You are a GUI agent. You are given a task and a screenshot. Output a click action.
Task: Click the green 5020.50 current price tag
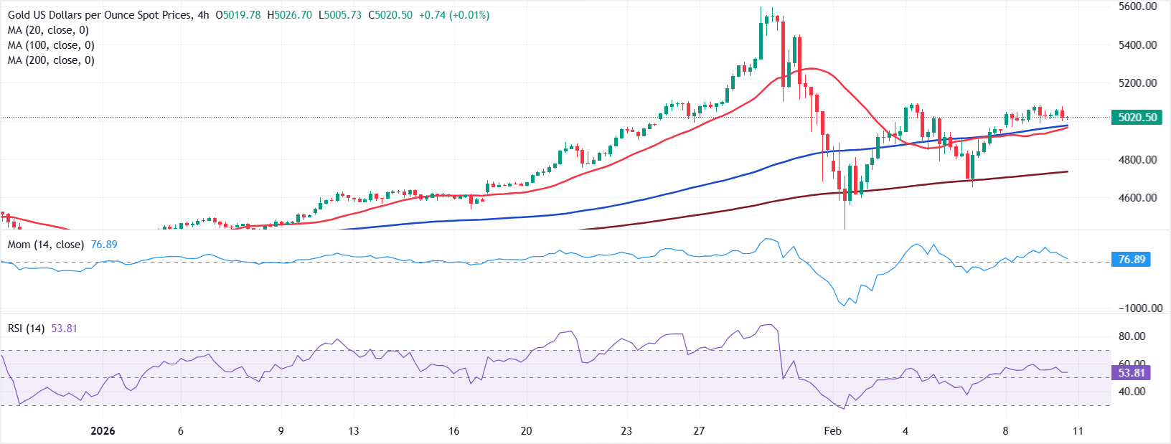click(x=1137, y=118)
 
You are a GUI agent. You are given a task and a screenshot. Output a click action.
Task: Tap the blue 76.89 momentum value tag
click(x=1132, y=260)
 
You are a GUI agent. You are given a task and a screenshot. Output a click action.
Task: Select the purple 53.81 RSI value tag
click(x=1132, y=373)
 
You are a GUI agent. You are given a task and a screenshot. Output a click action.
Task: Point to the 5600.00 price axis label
click(x=1137, y=6)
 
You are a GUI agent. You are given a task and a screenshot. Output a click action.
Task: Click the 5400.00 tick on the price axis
click(x=1137, y=44)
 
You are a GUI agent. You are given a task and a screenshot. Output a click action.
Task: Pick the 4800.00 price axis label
click(x=1137, y=159)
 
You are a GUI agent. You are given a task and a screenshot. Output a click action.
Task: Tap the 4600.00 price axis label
click(x=1137, y=197)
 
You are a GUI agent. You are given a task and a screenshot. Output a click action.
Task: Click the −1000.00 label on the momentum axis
click(x=1140, y=308)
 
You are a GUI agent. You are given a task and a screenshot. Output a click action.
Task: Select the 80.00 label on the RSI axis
click(x=1132, y=336)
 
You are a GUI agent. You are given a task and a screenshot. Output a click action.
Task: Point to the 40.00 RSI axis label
click(x=1132, y=392)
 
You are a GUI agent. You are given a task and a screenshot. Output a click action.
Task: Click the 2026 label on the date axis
click(x=103, y=431)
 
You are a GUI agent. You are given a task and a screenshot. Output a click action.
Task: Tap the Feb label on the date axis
click(x=832, y=431)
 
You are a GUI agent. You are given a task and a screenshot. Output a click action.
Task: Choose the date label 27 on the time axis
click(x=699, y=431)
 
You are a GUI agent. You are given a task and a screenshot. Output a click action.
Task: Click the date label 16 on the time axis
click(x=453, y=431)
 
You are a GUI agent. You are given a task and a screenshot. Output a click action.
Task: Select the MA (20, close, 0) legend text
click(x=48, y=30)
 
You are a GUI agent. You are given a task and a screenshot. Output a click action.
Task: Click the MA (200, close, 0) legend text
click(x=51, y=60)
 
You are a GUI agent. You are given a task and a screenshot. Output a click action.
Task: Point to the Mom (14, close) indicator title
click(x=46, y=245)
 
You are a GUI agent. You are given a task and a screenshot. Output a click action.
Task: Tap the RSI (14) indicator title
click(x=26, y=329)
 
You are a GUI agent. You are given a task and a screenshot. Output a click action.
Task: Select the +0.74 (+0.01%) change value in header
click(x=454, y=15)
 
